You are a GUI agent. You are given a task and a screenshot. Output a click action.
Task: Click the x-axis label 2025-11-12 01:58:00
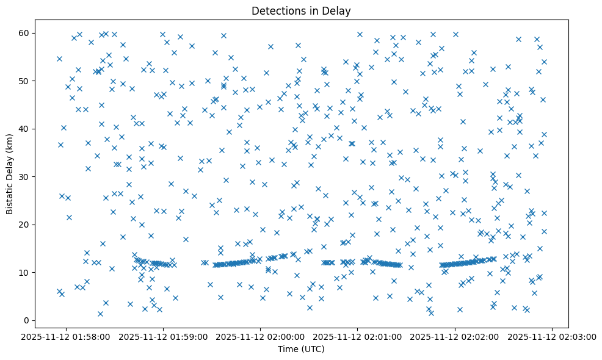(x=66, y=337)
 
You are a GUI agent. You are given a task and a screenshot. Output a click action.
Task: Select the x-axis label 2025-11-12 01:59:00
(x=164, y=337)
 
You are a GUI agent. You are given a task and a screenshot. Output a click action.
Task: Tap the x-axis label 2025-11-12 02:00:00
(x=261, y=337)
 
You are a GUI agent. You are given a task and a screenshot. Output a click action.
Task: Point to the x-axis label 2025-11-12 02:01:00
(x=358, y=337)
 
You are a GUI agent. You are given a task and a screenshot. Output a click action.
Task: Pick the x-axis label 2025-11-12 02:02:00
(x=455, y=337)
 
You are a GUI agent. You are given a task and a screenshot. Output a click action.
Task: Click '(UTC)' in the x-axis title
(x=314, y=349)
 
